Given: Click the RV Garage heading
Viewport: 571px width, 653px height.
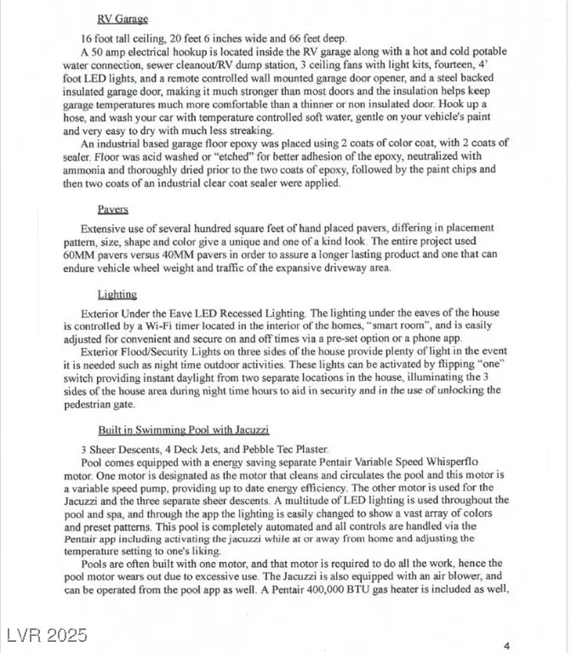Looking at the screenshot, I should tap(123, 19).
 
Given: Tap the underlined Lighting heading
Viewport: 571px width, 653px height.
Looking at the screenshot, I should tap(117, 295).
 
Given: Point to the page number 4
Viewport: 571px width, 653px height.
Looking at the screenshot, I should tap(506, 645).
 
